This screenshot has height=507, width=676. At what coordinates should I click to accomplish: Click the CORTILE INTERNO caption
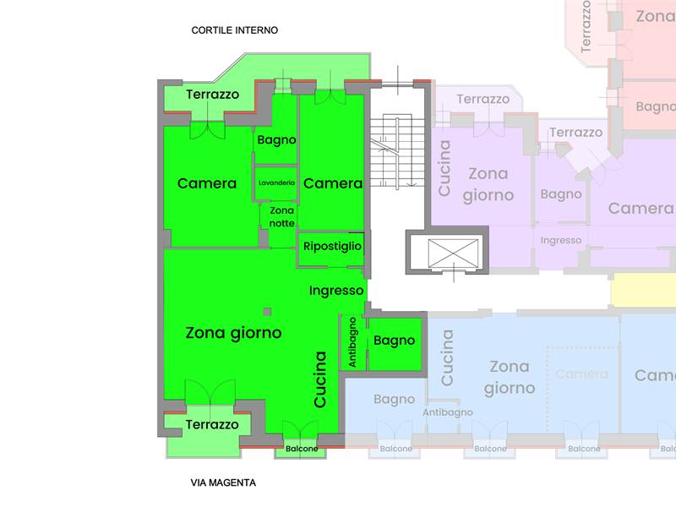coord(235,30)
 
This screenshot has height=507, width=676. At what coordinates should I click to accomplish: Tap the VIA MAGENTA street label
coord(223,483)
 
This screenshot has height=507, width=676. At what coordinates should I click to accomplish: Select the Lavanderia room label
coord(276,183)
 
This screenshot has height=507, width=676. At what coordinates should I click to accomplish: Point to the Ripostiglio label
coord(332,246)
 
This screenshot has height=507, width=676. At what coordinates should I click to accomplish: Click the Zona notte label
coord(281,216)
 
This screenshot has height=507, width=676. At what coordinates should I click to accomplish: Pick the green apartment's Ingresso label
coord(336,291)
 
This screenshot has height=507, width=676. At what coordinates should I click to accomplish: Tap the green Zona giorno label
coord(233,333)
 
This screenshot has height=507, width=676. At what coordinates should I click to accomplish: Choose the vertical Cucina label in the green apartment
coord(320,379)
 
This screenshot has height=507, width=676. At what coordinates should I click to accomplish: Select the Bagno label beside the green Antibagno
coord(395,341)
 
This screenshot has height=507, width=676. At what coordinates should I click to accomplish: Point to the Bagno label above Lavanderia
coord(276,139)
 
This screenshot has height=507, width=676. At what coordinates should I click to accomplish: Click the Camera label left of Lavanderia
coord(207,183)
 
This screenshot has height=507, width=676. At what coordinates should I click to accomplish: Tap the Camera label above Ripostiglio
coord(333,183)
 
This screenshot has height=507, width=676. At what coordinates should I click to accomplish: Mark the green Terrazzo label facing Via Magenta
coord(212,424)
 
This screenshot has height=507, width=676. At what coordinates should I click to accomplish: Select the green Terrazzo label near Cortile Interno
coord(212,95)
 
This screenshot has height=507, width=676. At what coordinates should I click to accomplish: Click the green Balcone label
coord(301,449)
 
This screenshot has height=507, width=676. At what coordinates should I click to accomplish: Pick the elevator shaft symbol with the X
coord(454,252)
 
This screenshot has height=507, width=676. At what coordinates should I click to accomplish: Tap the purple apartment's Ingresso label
coord(561,241)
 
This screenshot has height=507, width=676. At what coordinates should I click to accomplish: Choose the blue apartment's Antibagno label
coord(448,412)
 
